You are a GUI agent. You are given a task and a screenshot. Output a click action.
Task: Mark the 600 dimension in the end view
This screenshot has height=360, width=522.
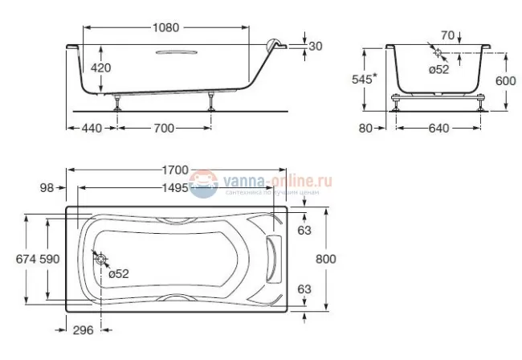click(x=504, y=80)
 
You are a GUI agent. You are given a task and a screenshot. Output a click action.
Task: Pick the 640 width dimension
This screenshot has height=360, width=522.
click(x=439, y=129)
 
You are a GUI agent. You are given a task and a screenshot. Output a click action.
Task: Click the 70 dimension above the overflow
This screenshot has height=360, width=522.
click(x=447, y=35)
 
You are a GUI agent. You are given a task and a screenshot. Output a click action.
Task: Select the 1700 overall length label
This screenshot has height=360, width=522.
click(x=174, y=170)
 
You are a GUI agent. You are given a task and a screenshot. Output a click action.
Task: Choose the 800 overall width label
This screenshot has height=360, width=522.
click(x=324, y=259)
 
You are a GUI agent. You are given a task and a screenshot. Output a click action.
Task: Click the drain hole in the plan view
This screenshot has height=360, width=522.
click(x=100, y=258)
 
